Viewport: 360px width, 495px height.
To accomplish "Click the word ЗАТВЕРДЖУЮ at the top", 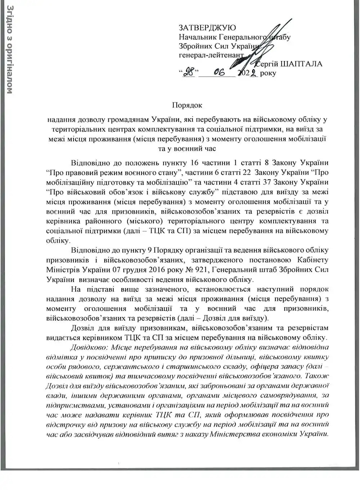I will pyautogui.click(x=207, y=27).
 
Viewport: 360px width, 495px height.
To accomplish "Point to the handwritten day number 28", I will pyautogui.click(x=189, y=73).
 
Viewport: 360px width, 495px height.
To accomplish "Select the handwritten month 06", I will pyautogui.click(x=219, y=73).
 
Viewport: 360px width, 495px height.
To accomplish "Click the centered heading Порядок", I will pyautogui.click(x=187, y=105).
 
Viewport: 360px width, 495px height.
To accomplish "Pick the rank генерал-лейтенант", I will pyautogui.click(x=211, y=55).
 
